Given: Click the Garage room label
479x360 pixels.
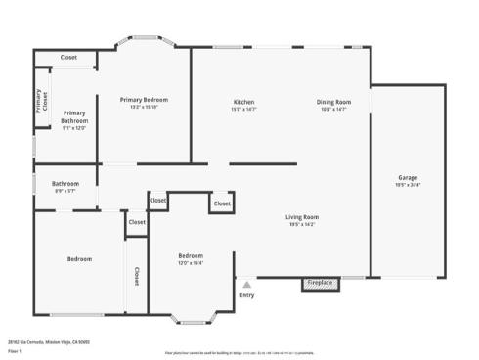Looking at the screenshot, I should click(408, 177).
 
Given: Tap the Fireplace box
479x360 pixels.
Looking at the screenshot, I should click(320, 284).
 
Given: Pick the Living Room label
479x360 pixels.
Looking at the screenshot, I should click(302, 216).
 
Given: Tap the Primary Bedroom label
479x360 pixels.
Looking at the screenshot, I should click(144, 100).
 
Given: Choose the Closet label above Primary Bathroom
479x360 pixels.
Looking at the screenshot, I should click(68, 58).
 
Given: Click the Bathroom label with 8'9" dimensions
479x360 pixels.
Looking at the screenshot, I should click(65, 183).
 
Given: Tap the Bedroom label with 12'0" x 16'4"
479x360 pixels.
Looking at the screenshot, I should click(191, 255).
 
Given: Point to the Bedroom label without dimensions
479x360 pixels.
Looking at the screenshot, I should click(79, 258).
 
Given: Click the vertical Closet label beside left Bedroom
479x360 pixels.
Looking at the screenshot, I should click(136, 276).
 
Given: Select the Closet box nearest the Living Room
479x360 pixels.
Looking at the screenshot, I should click(222, 203).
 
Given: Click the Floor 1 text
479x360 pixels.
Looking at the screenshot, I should click(15, 349).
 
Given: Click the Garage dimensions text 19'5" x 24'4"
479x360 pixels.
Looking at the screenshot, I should click(408, 185).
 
